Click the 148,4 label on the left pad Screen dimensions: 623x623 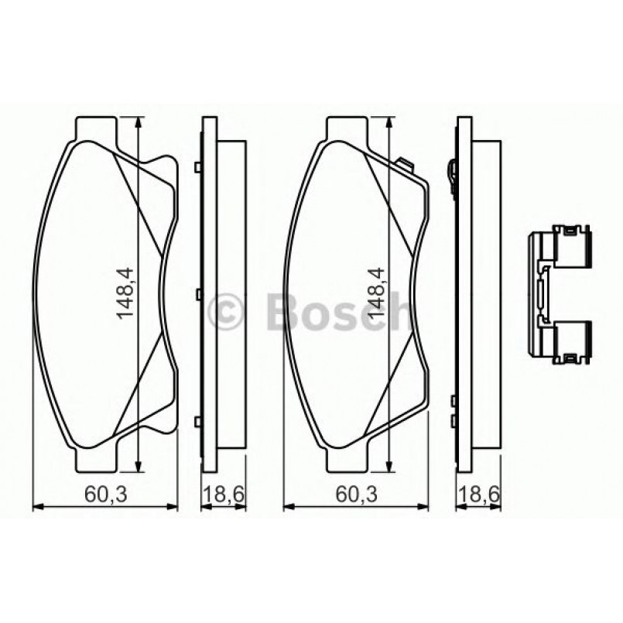(126, 295)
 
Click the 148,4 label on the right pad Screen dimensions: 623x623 (378, 295)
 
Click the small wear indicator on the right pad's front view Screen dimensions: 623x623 (403, 163)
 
